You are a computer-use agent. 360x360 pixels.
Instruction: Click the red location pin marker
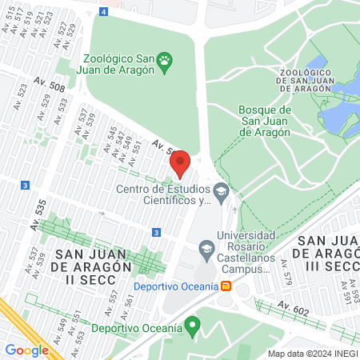(180, 164)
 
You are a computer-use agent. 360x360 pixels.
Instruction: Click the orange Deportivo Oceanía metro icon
(227, 286)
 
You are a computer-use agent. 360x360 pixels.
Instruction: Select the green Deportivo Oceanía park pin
(191, 326)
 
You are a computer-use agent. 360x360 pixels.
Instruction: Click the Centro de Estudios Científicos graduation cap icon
(222, 190)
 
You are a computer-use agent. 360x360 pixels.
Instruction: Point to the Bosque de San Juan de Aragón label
(265, 121)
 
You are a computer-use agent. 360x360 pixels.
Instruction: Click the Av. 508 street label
(50, 82)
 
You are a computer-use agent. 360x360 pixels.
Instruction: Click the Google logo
(26, 350)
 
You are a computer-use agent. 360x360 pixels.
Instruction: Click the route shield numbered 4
(104, 11)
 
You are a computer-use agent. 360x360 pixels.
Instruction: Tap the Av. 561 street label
(128, 302)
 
